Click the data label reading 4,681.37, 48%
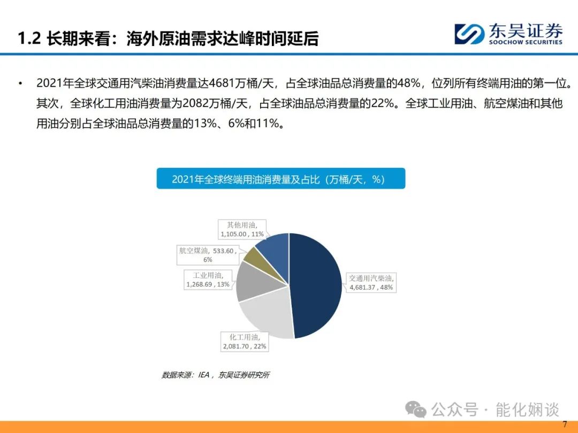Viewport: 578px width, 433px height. click(370, 283)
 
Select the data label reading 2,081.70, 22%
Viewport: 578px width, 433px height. click(245, 342)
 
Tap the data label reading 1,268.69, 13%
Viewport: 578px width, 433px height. click(208, 280)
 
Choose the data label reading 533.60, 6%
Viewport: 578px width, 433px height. click(208, 255)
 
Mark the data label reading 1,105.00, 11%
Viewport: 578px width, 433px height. click(242, 229)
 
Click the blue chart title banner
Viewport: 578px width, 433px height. click(281, 179)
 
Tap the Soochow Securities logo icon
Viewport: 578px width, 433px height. click(469, 34)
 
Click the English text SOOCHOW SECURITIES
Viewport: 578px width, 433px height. click(526, 42)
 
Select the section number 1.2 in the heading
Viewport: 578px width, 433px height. click(29, 38)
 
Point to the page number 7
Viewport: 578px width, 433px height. click(565, 424)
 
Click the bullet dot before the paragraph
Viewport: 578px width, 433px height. click(20, 83)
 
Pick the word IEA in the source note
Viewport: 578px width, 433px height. click(204, 375)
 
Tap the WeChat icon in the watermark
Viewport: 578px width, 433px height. click(415, 409)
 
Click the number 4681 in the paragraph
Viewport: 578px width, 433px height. click(222, 83)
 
